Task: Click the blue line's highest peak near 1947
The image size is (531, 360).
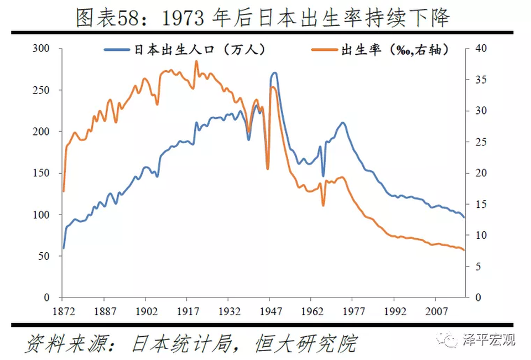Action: coord(274,72)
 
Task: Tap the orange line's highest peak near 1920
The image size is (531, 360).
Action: coord(196,61)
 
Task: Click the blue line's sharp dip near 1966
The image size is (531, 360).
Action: coord(324,176)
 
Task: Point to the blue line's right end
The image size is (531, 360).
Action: coord(464,217)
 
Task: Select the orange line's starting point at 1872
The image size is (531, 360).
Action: coord(64,191)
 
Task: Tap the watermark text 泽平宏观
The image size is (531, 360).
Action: coord(488,340)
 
